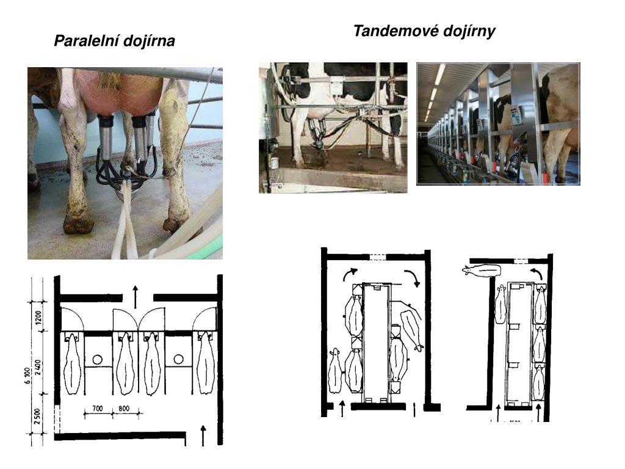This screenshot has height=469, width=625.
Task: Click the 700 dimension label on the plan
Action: pyautogui.click(x=97, y=407)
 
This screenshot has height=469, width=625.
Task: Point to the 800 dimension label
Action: pyautogui.click(x=125, y=407)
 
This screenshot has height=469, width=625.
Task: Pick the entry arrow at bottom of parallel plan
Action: pyautogui.click(x=203, y=435)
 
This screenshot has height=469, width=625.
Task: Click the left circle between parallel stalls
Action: pyautogui.click(x=96, y=359)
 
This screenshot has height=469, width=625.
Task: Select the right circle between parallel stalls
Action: pyautogui.click(x=178, y=359)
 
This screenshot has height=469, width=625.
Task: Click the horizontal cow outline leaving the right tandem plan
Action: pyautogui.click(x=482, y=270)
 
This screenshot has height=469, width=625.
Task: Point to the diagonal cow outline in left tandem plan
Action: pyautogui.click(x=411, y=326)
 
